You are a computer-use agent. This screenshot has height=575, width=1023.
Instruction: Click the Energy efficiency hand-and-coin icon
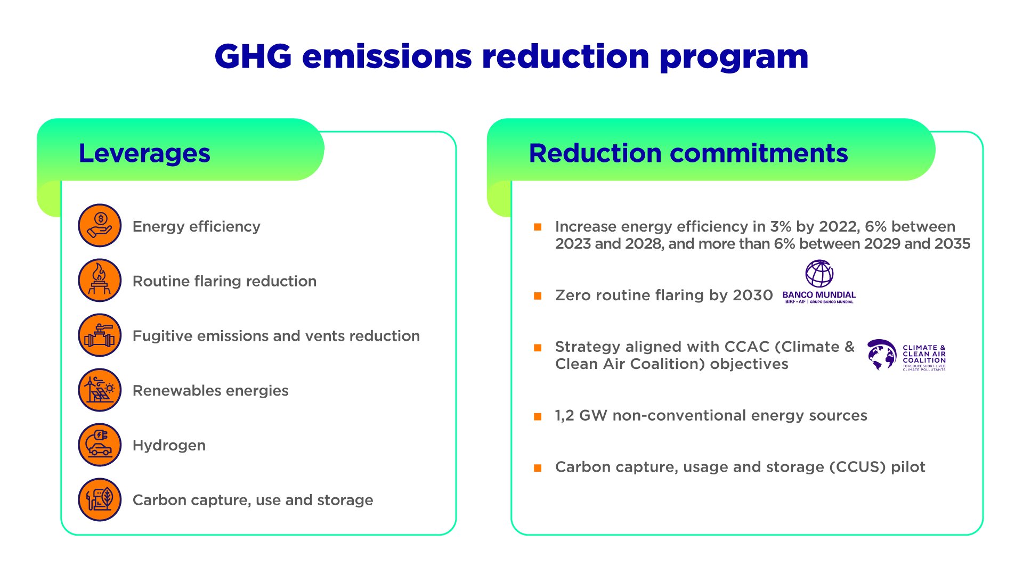pyautogui.click(x=100, y=225)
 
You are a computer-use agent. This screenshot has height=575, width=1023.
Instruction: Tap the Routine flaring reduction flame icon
pyautogui.click(x=100, y=280)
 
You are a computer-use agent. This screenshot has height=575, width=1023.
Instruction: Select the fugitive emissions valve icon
pyautogui.click(x=100, y=335)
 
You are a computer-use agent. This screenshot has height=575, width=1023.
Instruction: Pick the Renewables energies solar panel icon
pyautogui.click(x=100, y=390)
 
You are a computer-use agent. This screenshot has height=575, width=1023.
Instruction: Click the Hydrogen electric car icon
pyautogui.click(x=100, y=445)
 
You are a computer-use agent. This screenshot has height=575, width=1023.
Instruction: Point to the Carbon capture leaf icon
pyautogui.click(x=100, y=499)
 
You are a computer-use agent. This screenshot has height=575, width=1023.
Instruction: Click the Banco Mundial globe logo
pyautogui.click(x=819, y=274)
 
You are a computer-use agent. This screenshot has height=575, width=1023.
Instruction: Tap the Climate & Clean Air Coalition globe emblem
pyautogui.click(x=882, y=355)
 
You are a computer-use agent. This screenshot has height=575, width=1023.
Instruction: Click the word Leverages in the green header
pyautogui.click(x=144, y=154)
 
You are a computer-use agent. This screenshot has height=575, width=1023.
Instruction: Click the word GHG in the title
pyautogui.click(x=253, y=56)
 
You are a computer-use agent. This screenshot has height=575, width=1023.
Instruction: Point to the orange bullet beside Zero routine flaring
pyautogui.click(x=538, y=296)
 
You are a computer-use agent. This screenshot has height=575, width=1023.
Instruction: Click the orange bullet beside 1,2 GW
pyautogui.click(x=538, y=416)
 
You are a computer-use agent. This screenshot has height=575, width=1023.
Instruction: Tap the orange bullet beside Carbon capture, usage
pyautogui.click(x=538, y=468)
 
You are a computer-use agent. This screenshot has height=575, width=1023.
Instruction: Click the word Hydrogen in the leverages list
pyautogui.click(x=169, y=446)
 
